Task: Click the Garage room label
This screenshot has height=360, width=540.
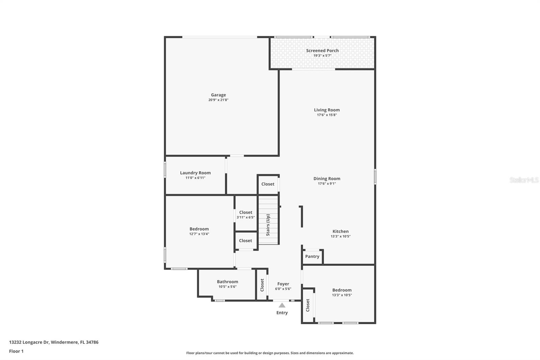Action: (218, 95)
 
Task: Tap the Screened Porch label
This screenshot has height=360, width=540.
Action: (322, 51)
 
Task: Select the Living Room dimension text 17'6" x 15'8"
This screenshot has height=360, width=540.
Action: (327, 115)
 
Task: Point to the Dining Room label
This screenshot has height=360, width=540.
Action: (327, 179)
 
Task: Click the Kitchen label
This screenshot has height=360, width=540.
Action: (341, 231)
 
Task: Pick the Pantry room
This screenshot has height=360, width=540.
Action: (312, 257)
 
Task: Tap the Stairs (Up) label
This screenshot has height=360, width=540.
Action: (268, 225)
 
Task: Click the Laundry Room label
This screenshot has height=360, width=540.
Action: (195, 173)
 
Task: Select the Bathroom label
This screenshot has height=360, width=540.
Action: (227, 282)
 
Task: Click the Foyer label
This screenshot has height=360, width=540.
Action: (283, 284)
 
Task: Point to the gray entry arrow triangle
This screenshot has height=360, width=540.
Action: (282, 305)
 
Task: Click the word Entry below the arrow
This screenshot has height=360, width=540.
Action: (282, 313)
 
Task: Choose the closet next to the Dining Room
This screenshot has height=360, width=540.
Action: (268, 184)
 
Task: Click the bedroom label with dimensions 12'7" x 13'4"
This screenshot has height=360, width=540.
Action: (199, 229)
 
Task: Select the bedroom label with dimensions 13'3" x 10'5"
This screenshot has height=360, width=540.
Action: (342, 290)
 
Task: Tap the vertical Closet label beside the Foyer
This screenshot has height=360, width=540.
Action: (262, 285)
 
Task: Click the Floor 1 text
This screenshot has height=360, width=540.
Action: (16, 351)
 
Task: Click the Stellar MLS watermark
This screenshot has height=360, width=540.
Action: (524, 180)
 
